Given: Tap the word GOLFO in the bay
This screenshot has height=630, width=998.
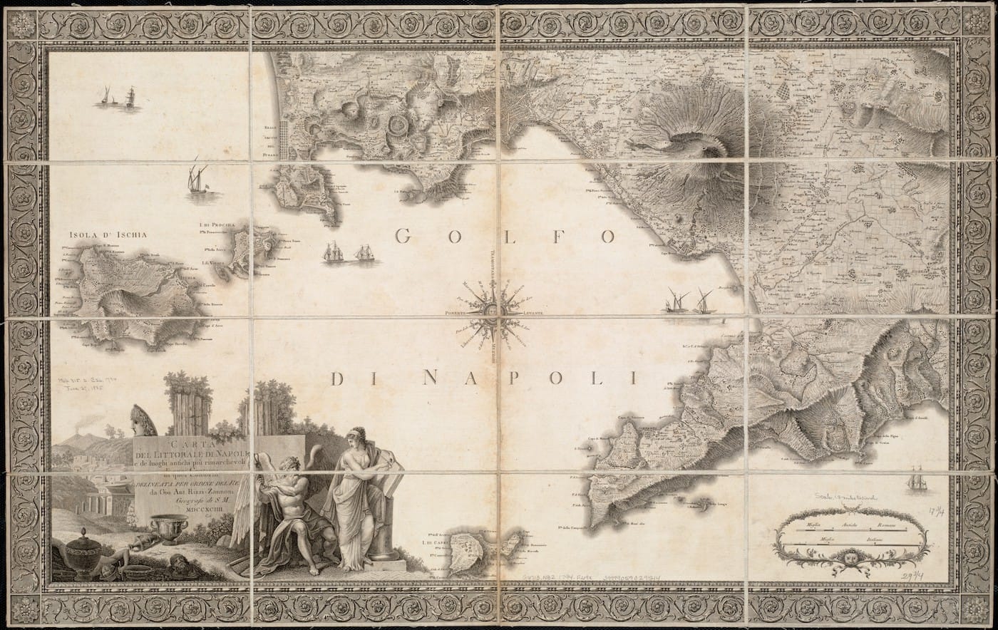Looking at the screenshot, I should tap(505, 237).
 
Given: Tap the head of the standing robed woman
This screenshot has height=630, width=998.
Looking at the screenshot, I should tap(356, 436).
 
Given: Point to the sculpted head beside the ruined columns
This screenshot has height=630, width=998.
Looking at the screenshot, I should tap(143, 420).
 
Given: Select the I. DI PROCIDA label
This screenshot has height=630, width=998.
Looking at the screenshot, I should tap(217, 226).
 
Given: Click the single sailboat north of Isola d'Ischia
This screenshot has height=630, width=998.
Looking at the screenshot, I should tap(197, 178).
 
